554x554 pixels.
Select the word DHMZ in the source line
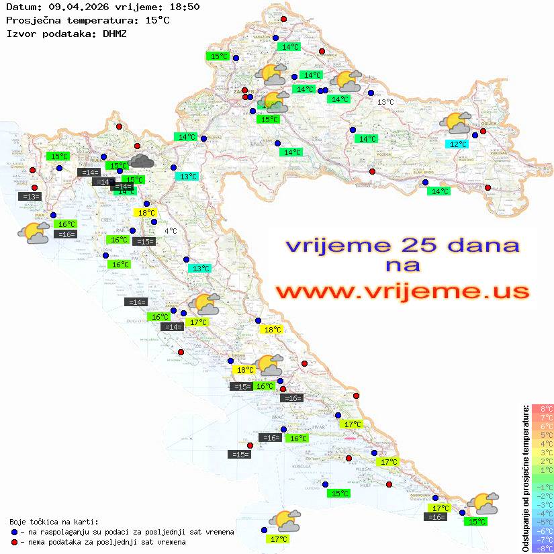click(x=114, y=33)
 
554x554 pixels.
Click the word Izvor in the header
click(x=20, y=33)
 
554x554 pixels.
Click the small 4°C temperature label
click(x=171, y=231)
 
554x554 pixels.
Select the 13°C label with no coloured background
click(x=385, y=102)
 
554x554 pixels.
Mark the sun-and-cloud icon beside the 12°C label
click(x=455, y=124)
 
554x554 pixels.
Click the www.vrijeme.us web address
click(x=402, y=291)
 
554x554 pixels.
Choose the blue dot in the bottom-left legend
click(x=15, y=532)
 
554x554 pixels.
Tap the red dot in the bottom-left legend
click(x=15, y=542)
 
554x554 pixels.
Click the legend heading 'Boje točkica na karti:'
click(x=54, y=522)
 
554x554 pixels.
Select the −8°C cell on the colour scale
click(x=542, y=549)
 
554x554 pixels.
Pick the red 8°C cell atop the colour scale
click(x=543, y=409)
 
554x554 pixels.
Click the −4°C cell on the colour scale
click(x=542, y=514)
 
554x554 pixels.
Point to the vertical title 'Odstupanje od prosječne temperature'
click(x=525, y=478)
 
